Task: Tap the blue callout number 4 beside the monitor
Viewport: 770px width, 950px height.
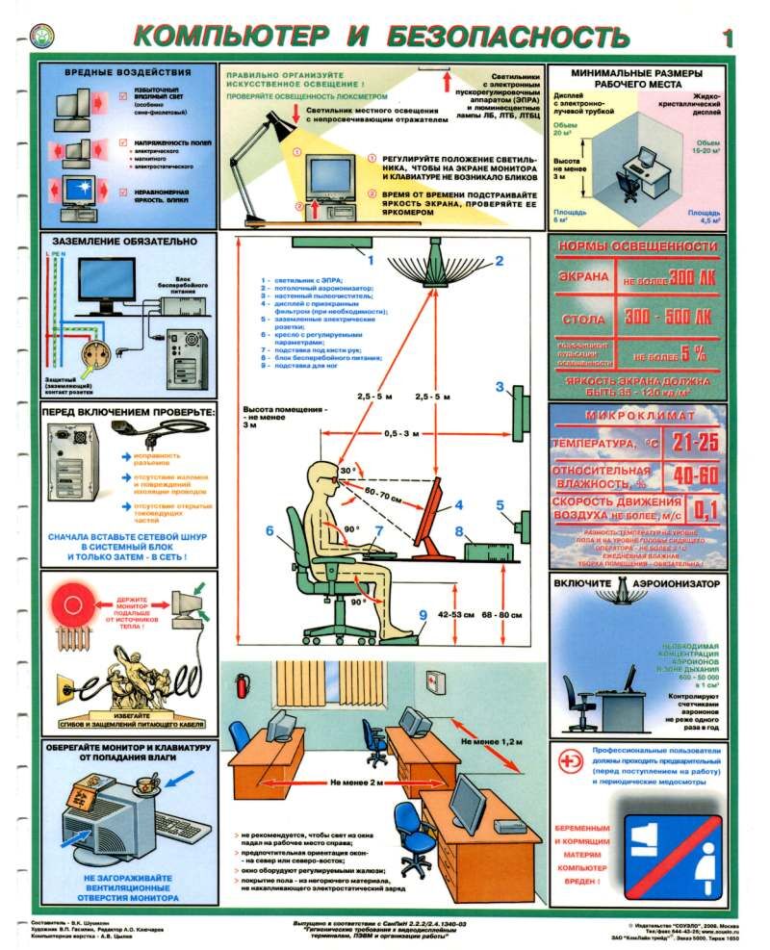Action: (x=459, y=503)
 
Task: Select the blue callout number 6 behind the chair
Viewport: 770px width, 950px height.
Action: (x=270, y=528)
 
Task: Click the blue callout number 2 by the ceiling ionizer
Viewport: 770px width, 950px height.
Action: (x=500, y=260)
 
